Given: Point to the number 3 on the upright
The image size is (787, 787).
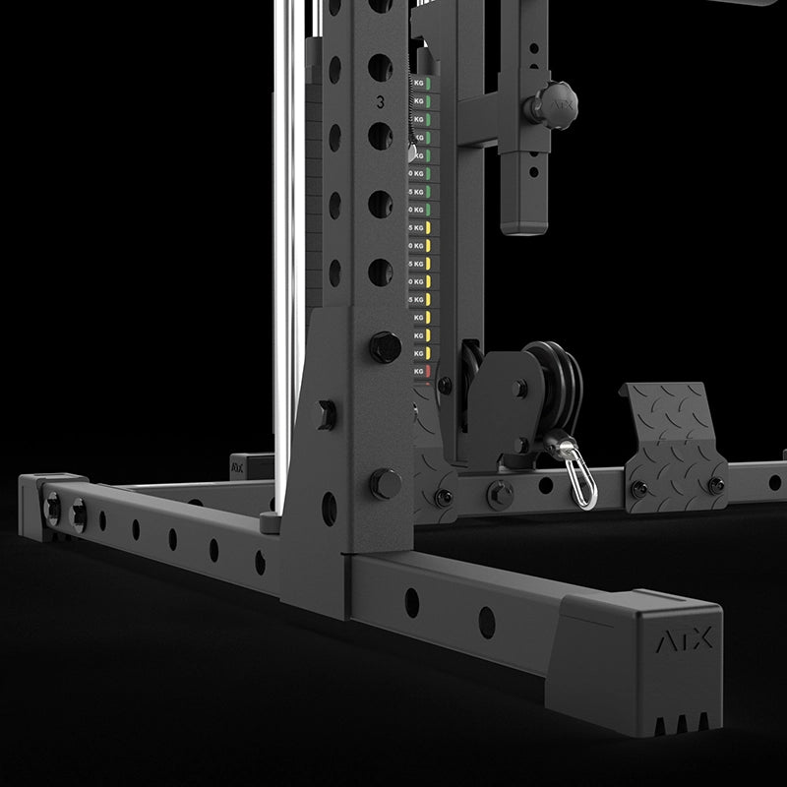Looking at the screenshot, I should pos(381,100).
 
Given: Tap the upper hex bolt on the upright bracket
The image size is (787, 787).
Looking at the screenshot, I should pos(385,346).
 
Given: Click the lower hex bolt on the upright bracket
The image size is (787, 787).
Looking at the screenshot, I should pos(385,483).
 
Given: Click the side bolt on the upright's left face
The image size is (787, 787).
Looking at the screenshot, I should pos(324,413).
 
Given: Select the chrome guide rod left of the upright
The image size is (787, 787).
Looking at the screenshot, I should pos(287,246).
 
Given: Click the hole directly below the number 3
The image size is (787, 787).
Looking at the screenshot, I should pos(380,135).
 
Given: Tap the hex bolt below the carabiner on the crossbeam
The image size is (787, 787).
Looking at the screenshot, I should pos(500,492).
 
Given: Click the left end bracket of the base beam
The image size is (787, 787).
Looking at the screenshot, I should pos(44,504).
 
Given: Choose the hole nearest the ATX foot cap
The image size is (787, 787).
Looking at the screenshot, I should pos(487,622).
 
